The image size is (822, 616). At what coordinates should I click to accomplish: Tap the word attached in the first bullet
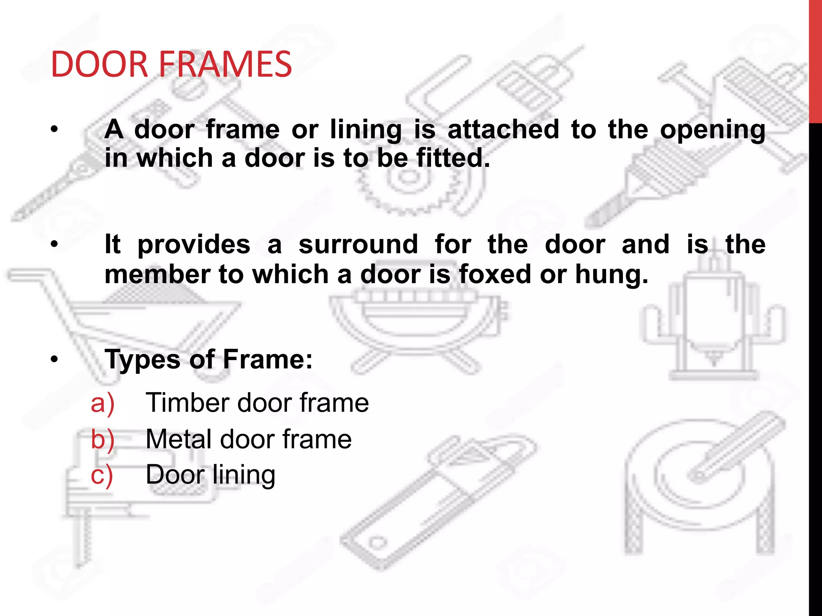[x=503, y=130]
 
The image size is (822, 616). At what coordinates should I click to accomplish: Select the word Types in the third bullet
[x=142, y=360]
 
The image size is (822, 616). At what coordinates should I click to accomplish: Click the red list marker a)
[x=102, y=403]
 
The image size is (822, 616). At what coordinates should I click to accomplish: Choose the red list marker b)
[x=102, y=439]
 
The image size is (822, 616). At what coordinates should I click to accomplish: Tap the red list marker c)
[x=102, y=475]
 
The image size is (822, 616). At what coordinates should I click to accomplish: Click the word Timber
[x=187, y=403]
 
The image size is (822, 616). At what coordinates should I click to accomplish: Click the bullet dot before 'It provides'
[x=55, y=244]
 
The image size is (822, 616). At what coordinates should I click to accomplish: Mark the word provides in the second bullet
[x=194, y=245]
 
